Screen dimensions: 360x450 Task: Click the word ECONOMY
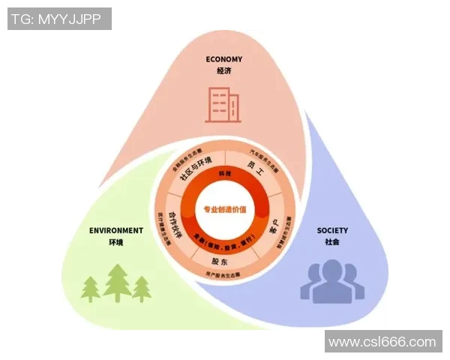[x=224, y=59]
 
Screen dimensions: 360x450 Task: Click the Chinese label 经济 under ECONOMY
[x=224, y=70]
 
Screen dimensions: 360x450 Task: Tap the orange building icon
[x=220, y=104]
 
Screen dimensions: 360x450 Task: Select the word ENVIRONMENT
[x=115, y=230]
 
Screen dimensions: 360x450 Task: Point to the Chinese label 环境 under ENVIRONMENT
[x=115, y=242]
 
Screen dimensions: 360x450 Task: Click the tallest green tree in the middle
[x=117, y=282]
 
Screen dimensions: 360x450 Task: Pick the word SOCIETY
[x=332, y=230]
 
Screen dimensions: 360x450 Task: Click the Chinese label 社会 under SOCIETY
[x=332, y=242]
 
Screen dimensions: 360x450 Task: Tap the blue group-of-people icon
[x=331, y=281]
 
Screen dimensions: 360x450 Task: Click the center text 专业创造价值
[x=224, y=209]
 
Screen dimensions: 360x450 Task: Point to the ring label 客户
[x=274, y=226]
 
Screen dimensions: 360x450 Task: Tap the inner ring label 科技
[x=224, y=173]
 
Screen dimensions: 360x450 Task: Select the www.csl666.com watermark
[x=382, y=341]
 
